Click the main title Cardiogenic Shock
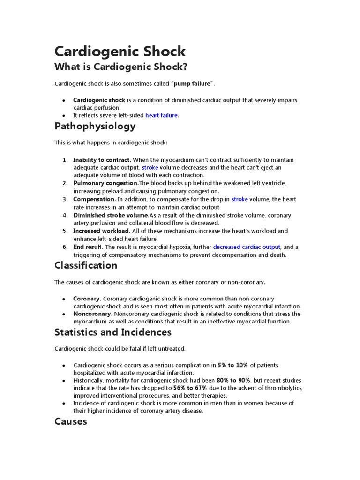tap(120, 51)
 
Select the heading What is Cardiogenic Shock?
tap(121, 67)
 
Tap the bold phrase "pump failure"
tap(193, 83)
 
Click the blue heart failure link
tap(162, 115)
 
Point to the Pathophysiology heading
tap(95, 126)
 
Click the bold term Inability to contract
tap(102, 160)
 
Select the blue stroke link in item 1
tap(150, 167)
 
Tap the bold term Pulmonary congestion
tap(105, 183)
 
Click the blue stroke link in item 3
tap(239, 199)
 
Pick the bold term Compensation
tap(94, 199)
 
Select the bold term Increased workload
tap(102, 231)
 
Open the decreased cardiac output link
tap(247, 247)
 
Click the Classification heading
tap(86, 265)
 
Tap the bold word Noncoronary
tap(92, 314)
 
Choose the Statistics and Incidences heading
tap(113, 332)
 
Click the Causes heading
tap(71, 421)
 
